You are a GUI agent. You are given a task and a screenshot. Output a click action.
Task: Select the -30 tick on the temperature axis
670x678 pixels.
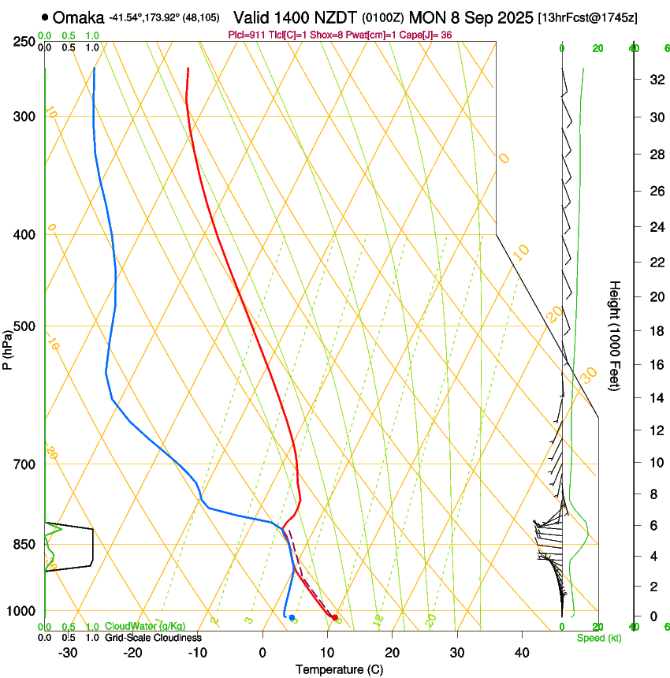click(68, 652)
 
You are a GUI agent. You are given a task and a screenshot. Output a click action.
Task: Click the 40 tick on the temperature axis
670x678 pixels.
click(521, 652)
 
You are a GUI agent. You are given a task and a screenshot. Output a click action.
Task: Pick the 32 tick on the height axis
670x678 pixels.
click(656, 79)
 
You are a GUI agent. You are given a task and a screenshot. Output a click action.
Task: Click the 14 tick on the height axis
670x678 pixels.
click(656, 398)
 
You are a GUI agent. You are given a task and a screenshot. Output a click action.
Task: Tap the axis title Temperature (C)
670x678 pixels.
click(339, 669)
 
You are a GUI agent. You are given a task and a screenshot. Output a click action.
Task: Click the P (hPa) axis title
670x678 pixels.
click(8, 347)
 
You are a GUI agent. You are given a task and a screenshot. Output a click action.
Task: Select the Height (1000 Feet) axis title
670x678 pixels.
click(615, 335)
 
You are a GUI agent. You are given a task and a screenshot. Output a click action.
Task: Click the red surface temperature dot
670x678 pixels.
click(335, 617)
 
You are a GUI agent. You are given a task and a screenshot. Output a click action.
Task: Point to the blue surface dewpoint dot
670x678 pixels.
click(292, 617)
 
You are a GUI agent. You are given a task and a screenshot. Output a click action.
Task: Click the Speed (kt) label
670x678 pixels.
click(598, 638)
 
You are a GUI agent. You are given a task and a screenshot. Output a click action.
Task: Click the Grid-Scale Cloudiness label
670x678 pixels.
click(153, 637)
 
